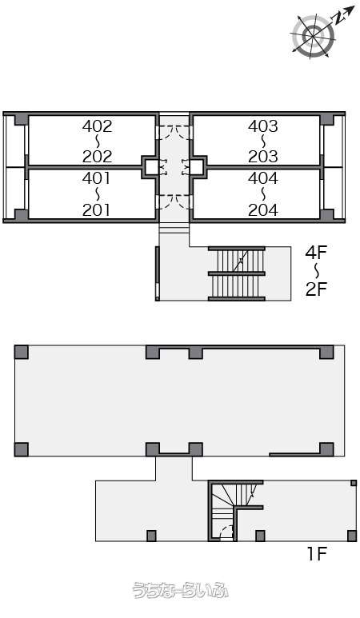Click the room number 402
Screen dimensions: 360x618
pos(97,126)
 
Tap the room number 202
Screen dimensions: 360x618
pos(97,157)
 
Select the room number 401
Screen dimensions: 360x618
pos(97,178)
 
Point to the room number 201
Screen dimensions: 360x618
pos(97,209)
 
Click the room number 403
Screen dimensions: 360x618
pos(263,126)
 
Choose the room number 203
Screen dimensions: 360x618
pos(263,157)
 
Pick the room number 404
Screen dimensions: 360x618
pos(263,178)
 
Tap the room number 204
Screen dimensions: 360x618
pos(263,209)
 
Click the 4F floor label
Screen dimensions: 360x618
pos(316,253)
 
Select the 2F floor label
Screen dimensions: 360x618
pos(316,289)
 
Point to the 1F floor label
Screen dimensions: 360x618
pos(318,554)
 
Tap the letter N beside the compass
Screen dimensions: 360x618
pos(338,18)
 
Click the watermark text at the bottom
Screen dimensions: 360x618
pos(180,590)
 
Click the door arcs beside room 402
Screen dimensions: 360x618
pos(174,131)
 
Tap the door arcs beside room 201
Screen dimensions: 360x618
pos(174,201)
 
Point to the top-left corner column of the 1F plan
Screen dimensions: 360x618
pos(22,353)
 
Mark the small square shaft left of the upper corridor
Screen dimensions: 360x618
pos(150,167)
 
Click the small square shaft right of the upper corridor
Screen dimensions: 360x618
pos(198,167)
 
